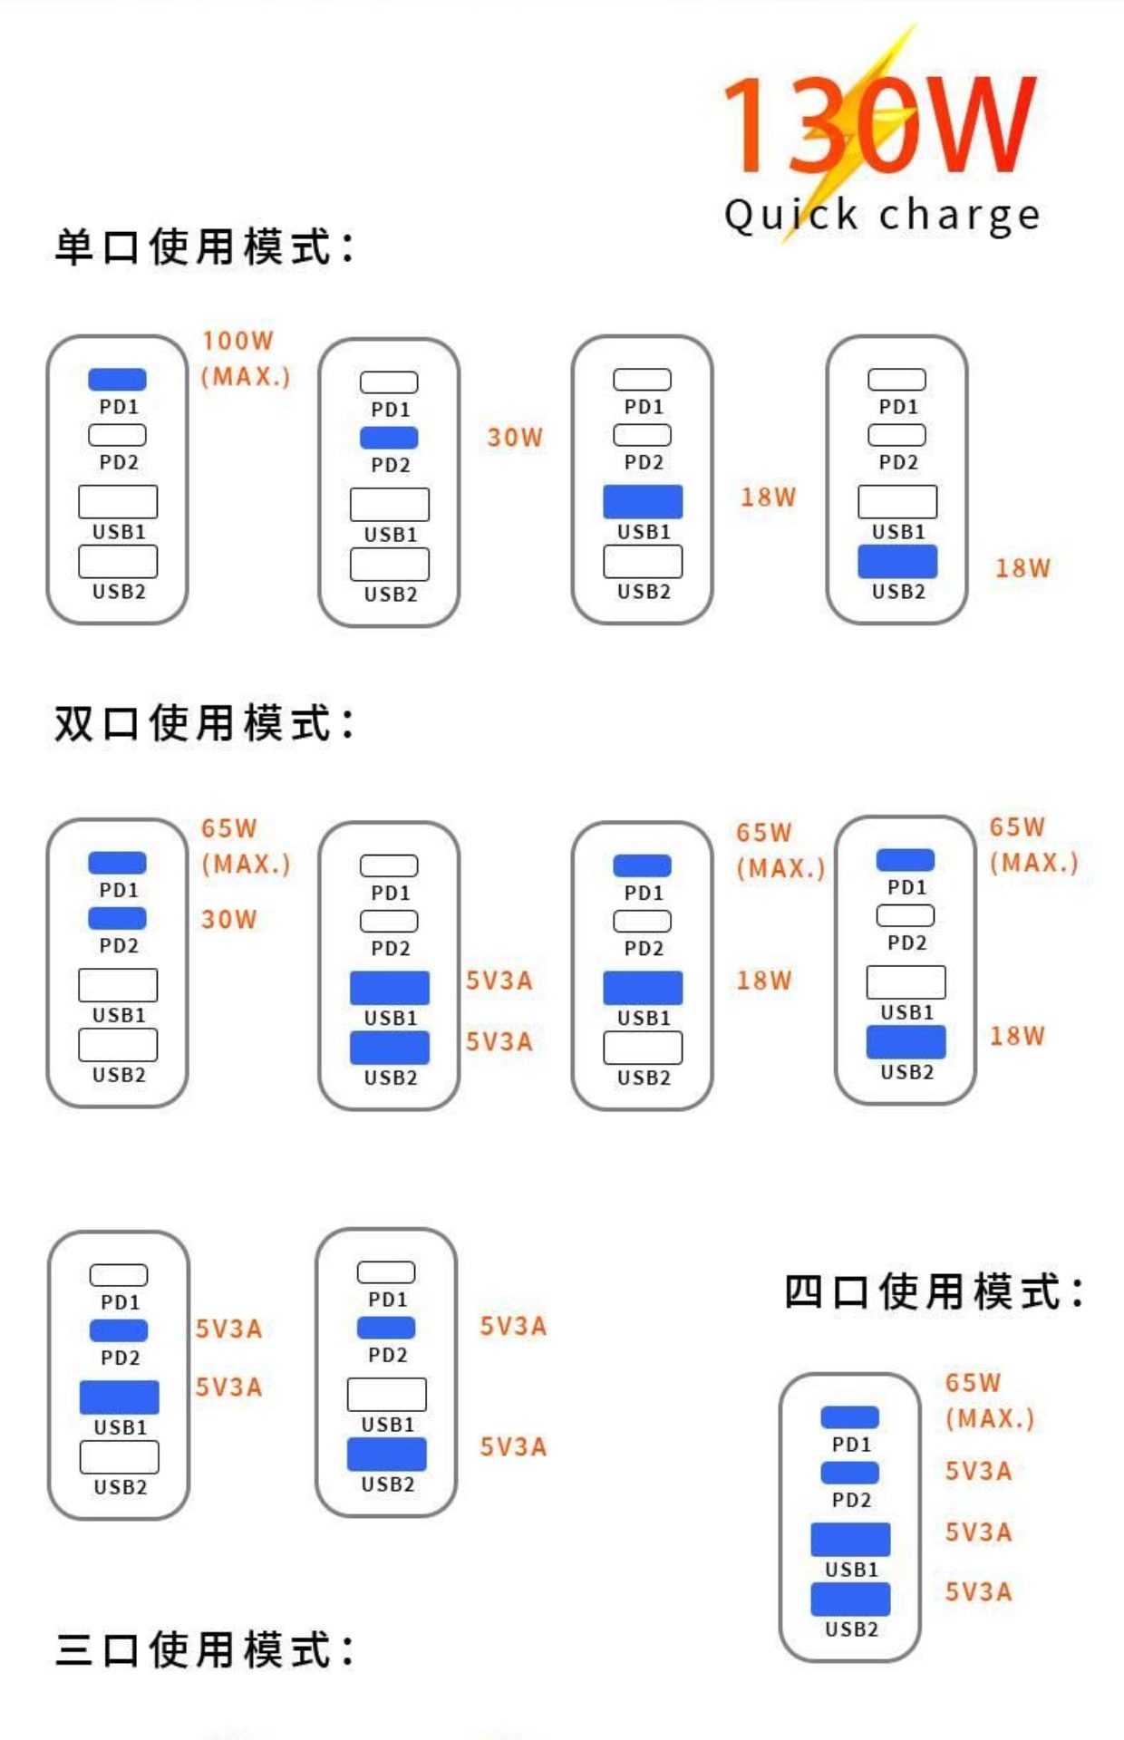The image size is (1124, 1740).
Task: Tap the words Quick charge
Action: [881, 216]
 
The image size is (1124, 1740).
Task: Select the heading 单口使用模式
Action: [205, 247]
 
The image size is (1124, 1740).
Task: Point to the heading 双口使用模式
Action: [205, 723]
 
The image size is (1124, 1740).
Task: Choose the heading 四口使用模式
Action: [934, 1291]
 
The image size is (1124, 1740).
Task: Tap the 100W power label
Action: [237, 341]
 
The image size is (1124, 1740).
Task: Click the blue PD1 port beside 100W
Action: [117, 379]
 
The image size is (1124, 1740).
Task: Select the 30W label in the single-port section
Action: [515, 438]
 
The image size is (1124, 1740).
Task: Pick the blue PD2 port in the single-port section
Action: [389, 438]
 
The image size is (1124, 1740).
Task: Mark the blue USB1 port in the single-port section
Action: [643, 501]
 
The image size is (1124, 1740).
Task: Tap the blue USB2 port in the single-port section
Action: [897, 562]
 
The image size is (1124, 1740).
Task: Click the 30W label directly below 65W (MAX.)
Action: [228, 920]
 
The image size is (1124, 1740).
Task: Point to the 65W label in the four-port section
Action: [973, 1383]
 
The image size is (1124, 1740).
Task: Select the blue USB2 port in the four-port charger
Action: [850, 1599]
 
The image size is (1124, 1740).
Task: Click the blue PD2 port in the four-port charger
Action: [849, 1473]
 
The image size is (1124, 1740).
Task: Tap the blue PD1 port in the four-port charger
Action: [849, 1416]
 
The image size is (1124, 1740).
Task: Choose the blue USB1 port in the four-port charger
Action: [850, 1539]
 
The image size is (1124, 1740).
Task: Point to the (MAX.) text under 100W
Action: [246, 376]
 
